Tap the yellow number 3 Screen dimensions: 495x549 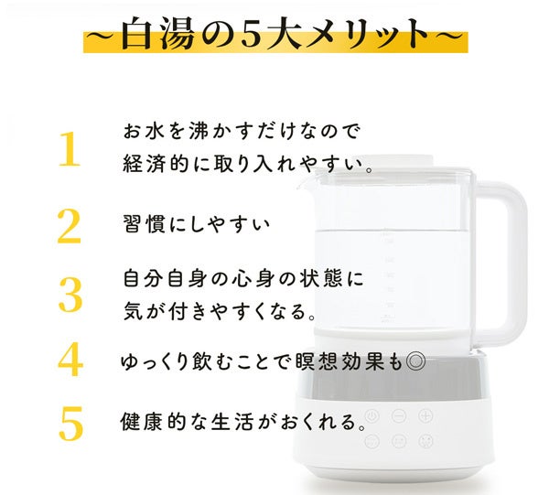[70, 295]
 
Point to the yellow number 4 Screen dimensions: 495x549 [70, 360]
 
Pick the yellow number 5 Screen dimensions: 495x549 [70, 423]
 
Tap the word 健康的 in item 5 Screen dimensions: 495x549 [149, 424]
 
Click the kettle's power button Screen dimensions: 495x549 [372, 416]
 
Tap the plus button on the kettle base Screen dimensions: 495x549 [425, 416]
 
